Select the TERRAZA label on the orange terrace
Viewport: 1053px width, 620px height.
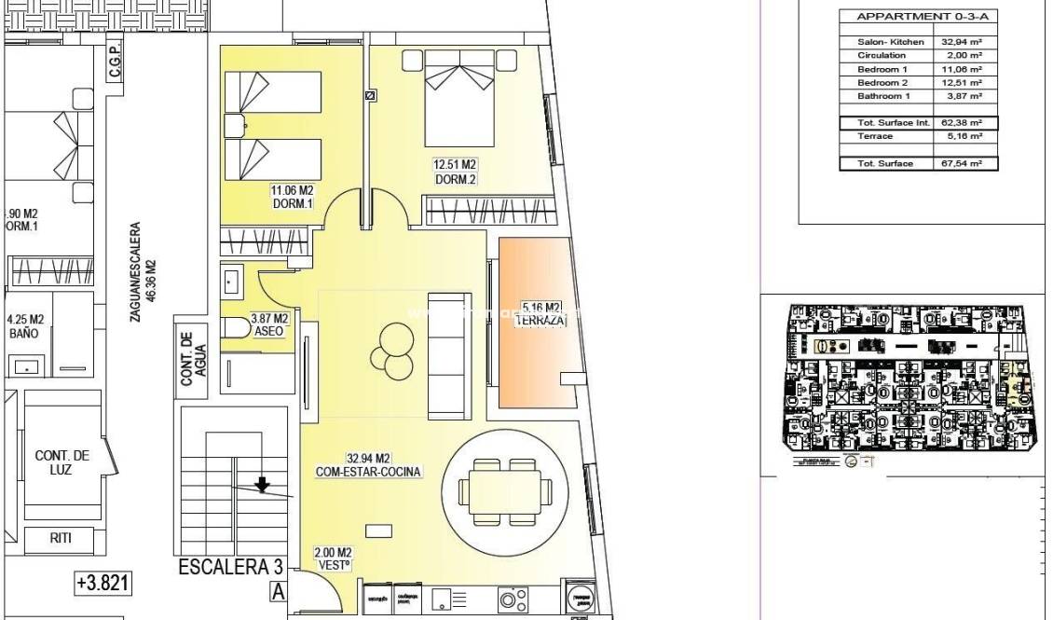click(x=542, y=313)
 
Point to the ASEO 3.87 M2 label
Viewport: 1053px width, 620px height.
click(x=269, y=324)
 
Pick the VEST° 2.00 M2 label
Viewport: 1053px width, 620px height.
click(x=334, y=558)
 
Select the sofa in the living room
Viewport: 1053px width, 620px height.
click(x=444, y=356)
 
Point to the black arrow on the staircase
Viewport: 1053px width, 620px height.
click(x=263, y=484)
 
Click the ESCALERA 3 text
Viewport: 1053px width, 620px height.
click(x=229, y=568)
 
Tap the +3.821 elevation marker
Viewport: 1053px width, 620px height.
click(x=103, y=584)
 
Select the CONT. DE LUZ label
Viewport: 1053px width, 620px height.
click(x=62, y=462)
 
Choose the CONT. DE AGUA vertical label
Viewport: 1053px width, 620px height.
click(x=193, y=360)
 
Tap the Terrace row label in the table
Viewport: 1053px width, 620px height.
click(x=875, y=136)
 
